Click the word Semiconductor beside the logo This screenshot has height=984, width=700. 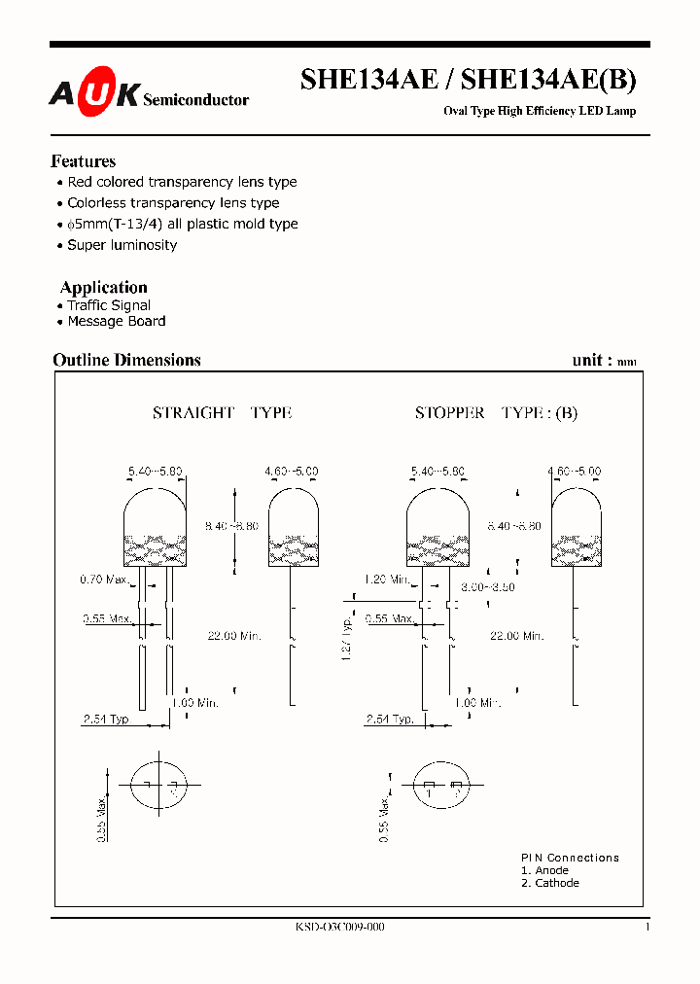pos(195,99)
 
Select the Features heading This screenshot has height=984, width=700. pos(83,161)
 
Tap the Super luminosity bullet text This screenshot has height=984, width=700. pos(122,245)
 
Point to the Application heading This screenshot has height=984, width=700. pos(103,287)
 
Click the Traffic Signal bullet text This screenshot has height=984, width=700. pos(109,305)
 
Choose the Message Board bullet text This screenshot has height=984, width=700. pos(117,321)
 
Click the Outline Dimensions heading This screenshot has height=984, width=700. pos(126,360)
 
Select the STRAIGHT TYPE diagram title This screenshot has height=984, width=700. pos(222,412)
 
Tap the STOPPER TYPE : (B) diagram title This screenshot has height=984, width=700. pos(496,412)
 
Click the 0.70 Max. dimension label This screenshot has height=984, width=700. pos(104,580)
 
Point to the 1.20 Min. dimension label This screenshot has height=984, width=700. pos(386,580)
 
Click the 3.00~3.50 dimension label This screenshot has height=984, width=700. pos(487,587)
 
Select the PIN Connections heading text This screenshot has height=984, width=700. pos(570,858)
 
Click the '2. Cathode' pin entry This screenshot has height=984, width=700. pos(549,883)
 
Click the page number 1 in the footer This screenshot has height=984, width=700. pos(647,928)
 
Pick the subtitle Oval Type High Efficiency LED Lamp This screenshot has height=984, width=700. pos(540,111)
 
